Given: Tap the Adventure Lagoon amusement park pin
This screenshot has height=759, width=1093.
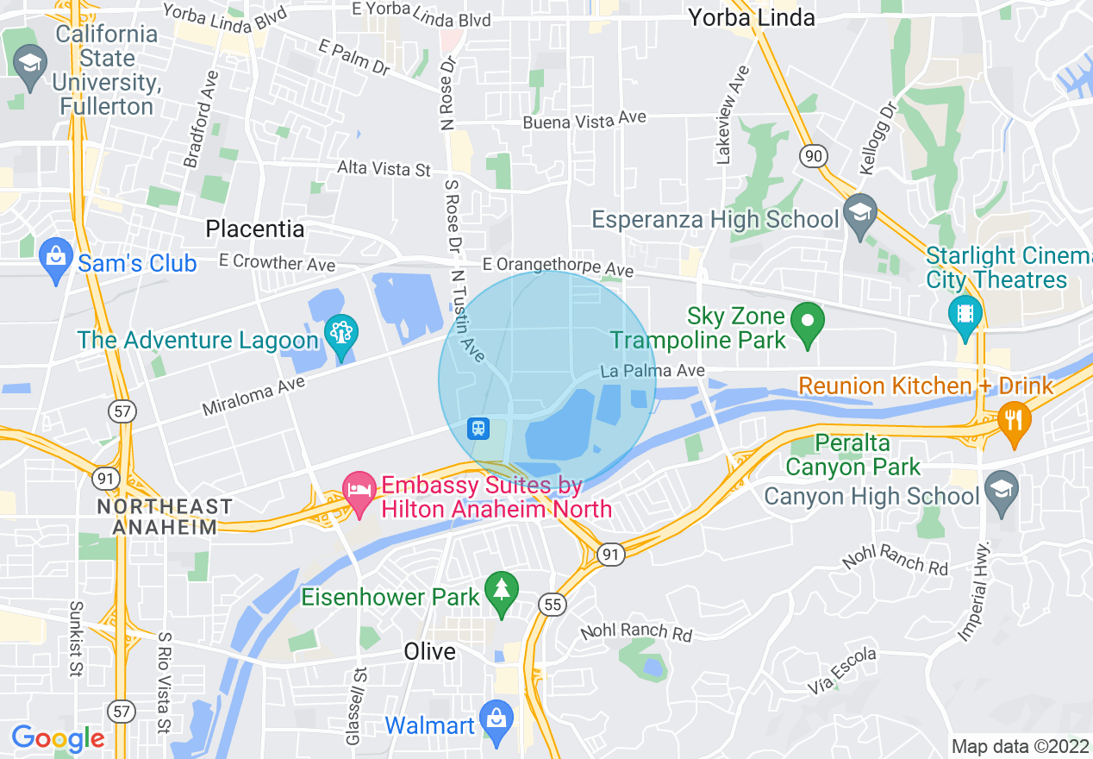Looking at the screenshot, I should tap(342, 332).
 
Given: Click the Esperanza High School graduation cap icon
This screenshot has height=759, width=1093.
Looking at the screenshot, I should tap(859, 212).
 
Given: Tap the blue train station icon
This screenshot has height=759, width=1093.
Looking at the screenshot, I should tap(478, 428).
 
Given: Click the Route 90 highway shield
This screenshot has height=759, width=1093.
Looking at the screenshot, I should tap(813, 156).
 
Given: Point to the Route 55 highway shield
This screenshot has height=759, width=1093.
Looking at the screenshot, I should tap(552, 605).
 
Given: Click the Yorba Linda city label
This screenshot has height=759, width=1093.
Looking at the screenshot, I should tap(752, 17).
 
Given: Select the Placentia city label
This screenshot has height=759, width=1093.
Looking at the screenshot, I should tap(254, 229).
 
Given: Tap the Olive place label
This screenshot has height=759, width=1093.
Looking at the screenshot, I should tap(429, 651).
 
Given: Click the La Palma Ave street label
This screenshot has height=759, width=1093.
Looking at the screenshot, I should tap(653, 371).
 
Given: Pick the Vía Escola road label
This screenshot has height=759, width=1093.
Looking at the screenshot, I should tap(842, 671).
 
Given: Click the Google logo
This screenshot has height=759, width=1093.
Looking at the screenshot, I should tap(58, 738).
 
